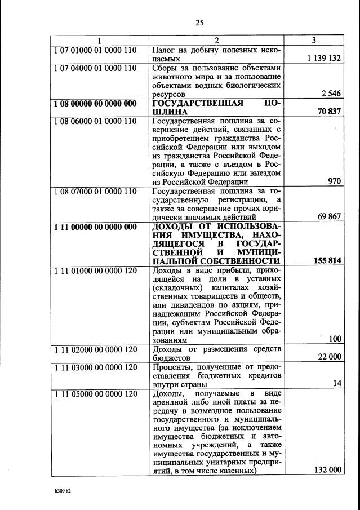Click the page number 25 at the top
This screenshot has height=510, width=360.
click(x=199, y=23)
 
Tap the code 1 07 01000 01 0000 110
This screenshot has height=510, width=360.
click(x=95, y=50)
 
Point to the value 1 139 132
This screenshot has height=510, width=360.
click(x=325, y=59)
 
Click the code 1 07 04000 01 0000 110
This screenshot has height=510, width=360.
click(x=95, y=68)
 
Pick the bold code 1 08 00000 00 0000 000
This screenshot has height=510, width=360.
click(x=95, y=103)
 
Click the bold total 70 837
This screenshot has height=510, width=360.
click(x=330, y=112)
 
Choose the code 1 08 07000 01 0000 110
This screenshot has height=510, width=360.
click(x=95, y=191)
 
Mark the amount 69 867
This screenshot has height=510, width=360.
click(x=330, y=216)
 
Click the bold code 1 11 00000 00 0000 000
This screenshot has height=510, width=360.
click(x=95, y=227)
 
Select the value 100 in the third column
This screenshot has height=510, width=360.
click(x=335, y=339)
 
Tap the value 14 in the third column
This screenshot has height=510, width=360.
click(x=337, y=383)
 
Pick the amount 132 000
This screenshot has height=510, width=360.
click(x=327, y=471)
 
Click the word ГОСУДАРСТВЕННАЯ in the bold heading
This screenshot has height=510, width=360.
click(x=198, y=103)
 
